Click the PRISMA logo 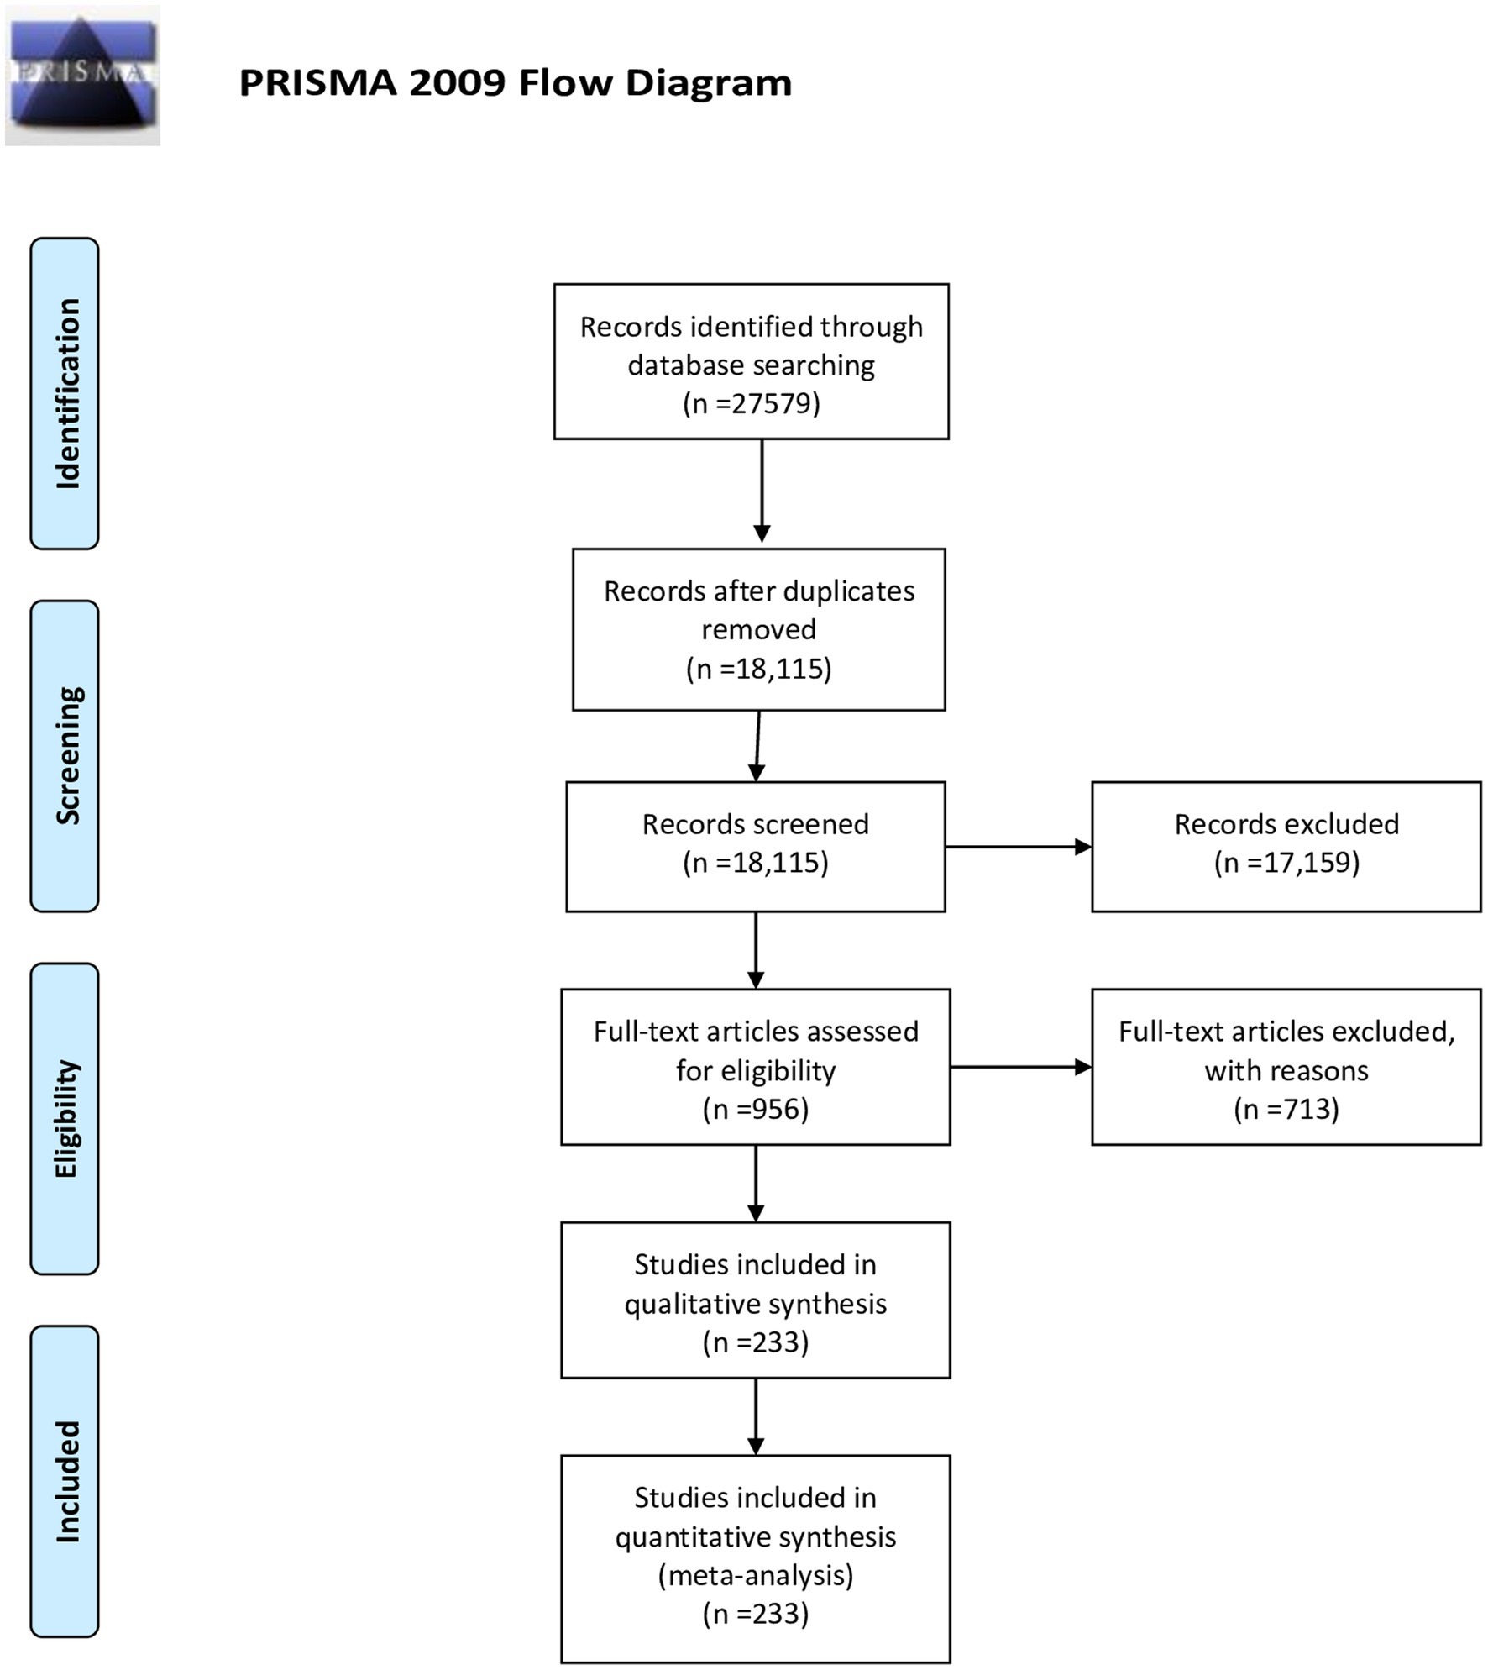[x=82, y=76]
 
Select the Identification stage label [x=65, y=393]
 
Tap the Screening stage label [x=65, y=755]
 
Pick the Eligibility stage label [x=65, y=1118]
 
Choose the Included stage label [x=65, y=1481]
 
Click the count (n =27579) [x=752, y=403]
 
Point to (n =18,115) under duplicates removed [x=759, y=669]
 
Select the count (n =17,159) [x=1286, y=863]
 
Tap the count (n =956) [x=756, y=1109]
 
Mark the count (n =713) [x=1286, y=1109]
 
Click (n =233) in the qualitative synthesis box [x=756, y=1342]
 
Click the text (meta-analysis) [x=756, y=1575]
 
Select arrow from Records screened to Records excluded [x=1019, y=847]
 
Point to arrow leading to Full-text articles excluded [x=1021, y=1067]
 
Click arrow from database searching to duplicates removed [x=762, y=491]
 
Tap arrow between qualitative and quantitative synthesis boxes [x=756, y=1416]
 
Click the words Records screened [x=756, y=824]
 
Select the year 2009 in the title [x=458, y=83]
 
